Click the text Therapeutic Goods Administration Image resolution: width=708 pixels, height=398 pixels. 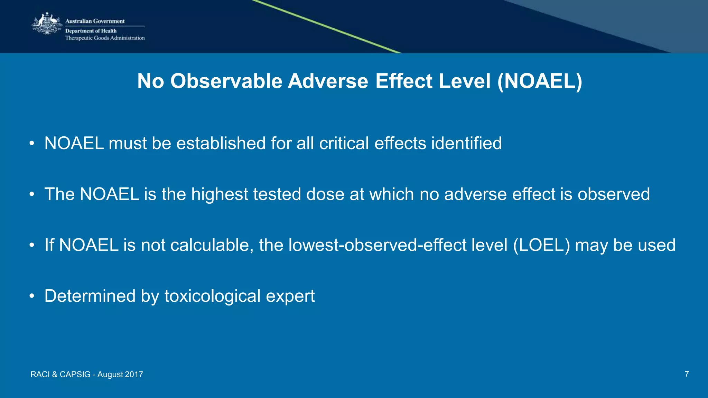[x=105, y=38]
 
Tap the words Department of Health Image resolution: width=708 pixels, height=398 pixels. [x=91, y=31]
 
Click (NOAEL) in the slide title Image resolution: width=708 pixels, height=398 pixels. [x=540, y=81]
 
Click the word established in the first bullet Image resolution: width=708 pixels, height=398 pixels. [x=221, y=143]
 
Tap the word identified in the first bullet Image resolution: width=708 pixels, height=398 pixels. [x=466, y=143]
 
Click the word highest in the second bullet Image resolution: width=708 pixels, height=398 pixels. [x=220, y=194]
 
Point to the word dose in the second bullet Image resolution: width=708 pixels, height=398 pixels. [x=325, y=194]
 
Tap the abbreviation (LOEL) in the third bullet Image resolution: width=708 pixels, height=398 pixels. [x=541, y=245]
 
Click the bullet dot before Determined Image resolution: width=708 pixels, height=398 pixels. [x=32, y=296]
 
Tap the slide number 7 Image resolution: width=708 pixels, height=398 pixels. [x=687, y=374]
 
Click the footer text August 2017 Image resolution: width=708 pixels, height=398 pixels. [x=120, y=375]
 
